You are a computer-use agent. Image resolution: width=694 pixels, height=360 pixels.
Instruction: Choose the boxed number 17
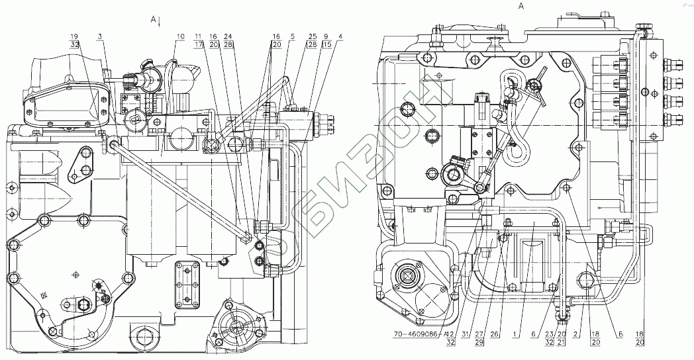(198, 44)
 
